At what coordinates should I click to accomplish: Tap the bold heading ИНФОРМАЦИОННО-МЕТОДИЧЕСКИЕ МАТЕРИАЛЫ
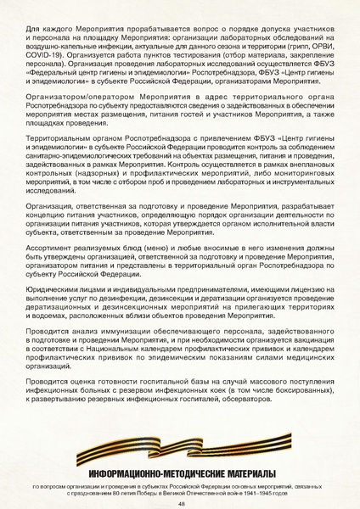pyautogui.click(x=180, y=473)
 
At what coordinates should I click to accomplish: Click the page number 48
pyautogui.click(x=181, y=502)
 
